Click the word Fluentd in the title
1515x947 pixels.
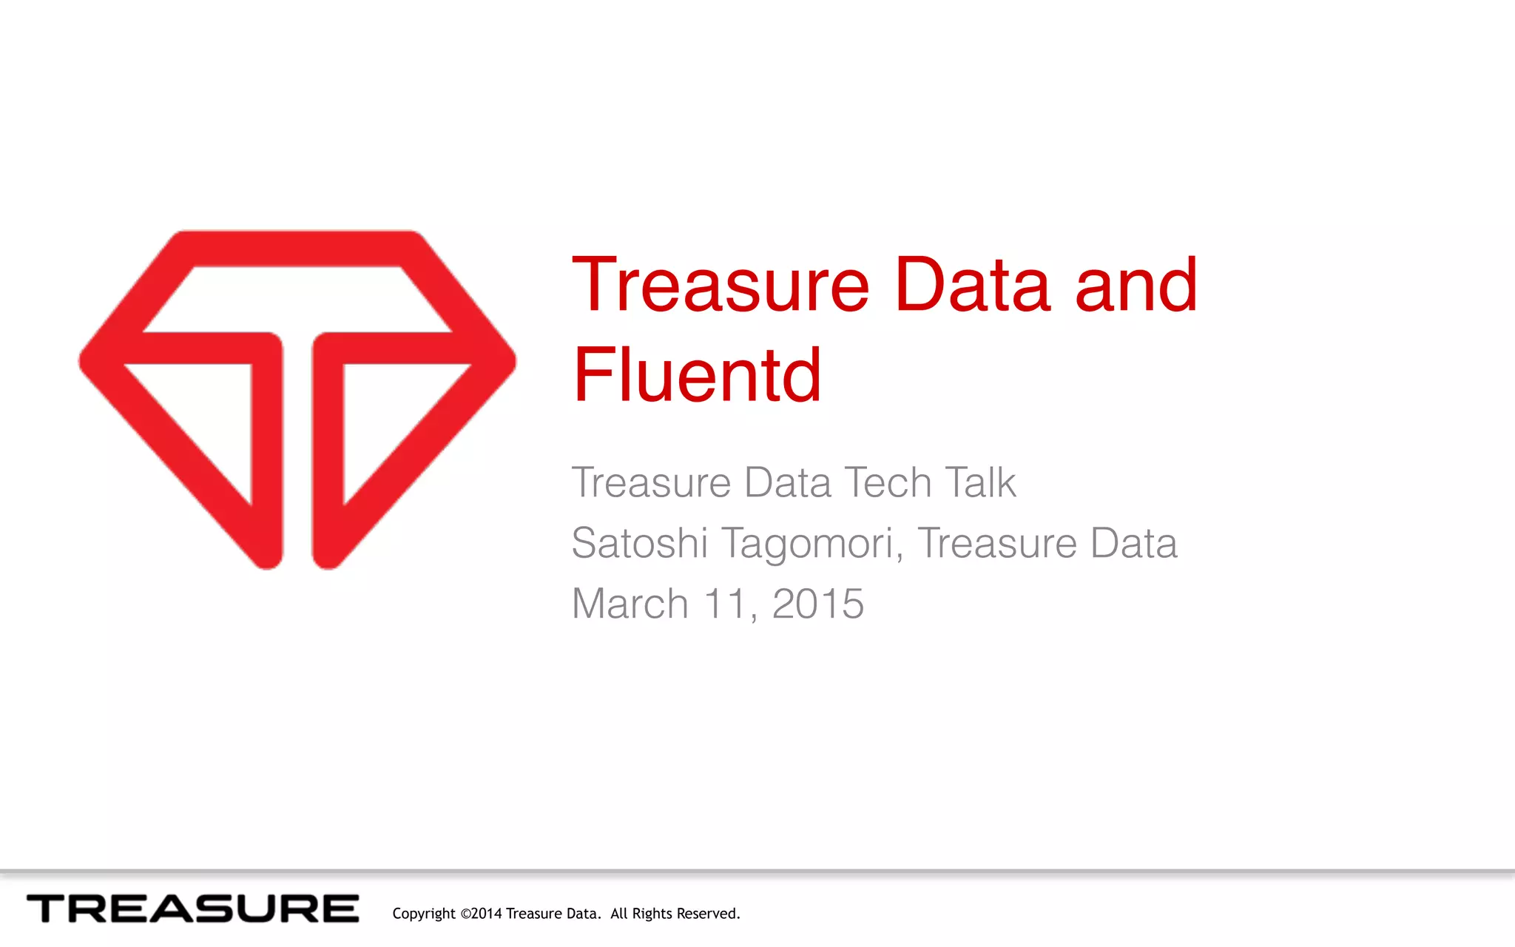[x=697, y=375]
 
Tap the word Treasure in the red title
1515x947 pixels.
[x=721, y=286]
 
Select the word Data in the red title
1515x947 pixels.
[x=972, y=286]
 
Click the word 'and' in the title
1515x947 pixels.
[x=1136, y=286]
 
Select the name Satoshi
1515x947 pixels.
[x=640, y=543]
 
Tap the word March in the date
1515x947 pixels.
[x=630, y=604]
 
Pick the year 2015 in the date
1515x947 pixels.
[x=818, y=604]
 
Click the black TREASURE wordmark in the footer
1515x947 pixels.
[x=193, y=909]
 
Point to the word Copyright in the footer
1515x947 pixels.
[x=424, y=914]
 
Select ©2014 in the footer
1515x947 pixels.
[x=481, y=914]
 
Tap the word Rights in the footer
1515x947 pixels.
[x=652, y=914]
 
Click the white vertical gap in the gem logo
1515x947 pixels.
[x=297, y=459]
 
